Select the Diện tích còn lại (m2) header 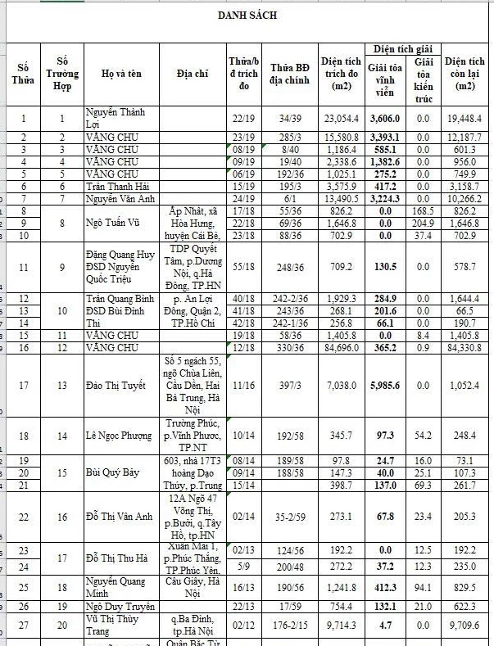click(x=465, y=74)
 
